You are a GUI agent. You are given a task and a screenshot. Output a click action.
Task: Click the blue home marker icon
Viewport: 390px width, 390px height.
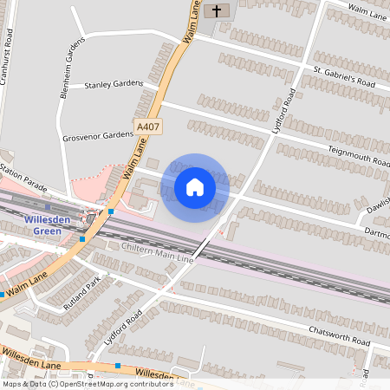tap(195, 186)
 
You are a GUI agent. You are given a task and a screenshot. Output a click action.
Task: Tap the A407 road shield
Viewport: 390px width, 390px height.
tap(148, 127)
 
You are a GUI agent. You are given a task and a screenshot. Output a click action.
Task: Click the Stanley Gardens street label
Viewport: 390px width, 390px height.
tap(114, 84)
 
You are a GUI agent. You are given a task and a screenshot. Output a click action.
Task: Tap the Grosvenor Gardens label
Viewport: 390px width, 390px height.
tap(98, 136)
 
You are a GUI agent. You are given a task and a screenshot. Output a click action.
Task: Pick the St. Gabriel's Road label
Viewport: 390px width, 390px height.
tap(344, 76)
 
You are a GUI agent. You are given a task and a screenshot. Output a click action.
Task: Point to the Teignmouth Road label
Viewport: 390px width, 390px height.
tap(359, 155)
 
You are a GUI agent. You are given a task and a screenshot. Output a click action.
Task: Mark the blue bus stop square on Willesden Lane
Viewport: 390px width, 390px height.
tap(118, 366)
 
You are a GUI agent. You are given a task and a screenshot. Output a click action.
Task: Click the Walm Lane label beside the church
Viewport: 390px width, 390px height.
tap(193, 21)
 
